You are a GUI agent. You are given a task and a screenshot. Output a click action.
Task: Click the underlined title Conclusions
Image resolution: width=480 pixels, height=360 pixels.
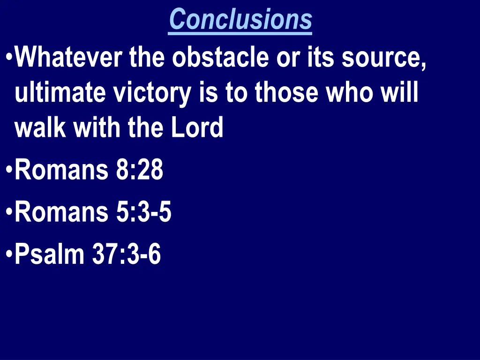[x=240, y=20]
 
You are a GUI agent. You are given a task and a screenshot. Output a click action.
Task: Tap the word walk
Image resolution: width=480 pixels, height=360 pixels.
[x=38, y=127]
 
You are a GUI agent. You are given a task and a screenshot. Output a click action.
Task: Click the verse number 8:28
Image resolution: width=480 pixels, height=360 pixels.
[x=139, y=170]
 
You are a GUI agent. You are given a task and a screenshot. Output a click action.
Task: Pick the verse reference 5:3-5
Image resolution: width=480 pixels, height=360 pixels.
[x=142, y=212]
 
